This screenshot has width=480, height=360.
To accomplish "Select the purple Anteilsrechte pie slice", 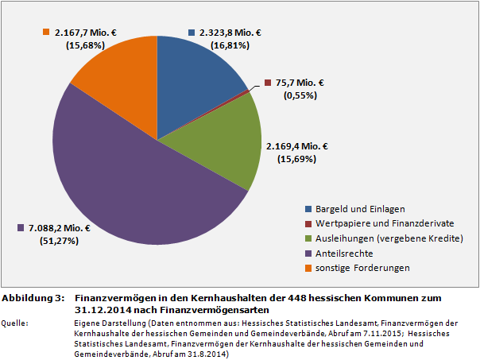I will tap(135, 175).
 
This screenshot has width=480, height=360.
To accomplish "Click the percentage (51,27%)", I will tap(59, 241).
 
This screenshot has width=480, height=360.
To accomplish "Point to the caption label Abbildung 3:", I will tap(33, 297).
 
